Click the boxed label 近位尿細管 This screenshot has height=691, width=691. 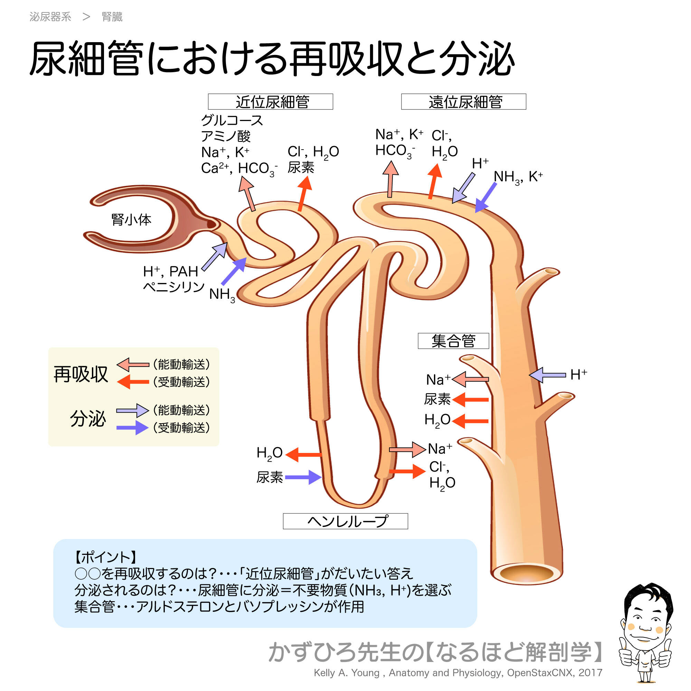(x=271, y=102)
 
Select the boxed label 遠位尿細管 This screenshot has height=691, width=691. (x=464, y=102)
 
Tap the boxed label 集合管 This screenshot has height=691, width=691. (x=453, y=341)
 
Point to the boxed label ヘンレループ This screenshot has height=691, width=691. (x=345, y=521)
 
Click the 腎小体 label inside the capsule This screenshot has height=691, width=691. (x=131, y=219)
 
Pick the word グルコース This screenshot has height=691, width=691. (x=232, y=120)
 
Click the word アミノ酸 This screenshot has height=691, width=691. (x=225, y=136)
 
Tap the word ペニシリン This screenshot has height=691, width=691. (x=173, y=286)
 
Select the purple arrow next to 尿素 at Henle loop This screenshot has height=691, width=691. (x=303, y=477)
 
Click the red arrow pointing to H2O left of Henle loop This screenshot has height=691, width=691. (x=304, y=455)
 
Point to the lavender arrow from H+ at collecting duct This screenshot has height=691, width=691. (x=547, y=375)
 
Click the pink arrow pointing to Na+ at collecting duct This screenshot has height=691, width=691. (x=470, y=379)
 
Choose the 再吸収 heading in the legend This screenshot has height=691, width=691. (x=81, y=375)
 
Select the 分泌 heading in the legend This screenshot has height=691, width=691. (x=88, y=418)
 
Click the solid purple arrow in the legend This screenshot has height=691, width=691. (x=132, y=427)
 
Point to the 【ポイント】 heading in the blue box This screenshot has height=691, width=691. (x=105, y=557)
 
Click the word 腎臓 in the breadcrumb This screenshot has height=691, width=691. (x=112, y=17)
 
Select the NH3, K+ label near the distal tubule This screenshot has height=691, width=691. (x=518, y=177)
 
